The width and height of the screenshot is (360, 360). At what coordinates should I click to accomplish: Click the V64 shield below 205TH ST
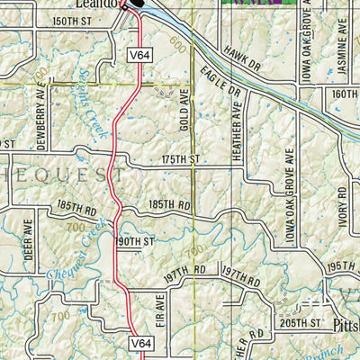pos(139,343)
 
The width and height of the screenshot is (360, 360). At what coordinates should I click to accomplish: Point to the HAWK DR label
pos(241,58)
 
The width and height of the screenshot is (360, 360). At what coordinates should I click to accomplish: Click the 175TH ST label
pos(178,158)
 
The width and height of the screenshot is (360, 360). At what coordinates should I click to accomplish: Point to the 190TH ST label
pos(134,242)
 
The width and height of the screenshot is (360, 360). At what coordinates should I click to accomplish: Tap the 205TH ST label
pos(301,321)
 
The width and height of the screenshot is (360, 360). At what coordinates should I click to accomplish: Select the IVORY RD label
pos(343,204)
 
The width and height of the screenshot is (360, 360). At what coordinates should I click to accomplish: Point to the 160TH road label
pos(346,94)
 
